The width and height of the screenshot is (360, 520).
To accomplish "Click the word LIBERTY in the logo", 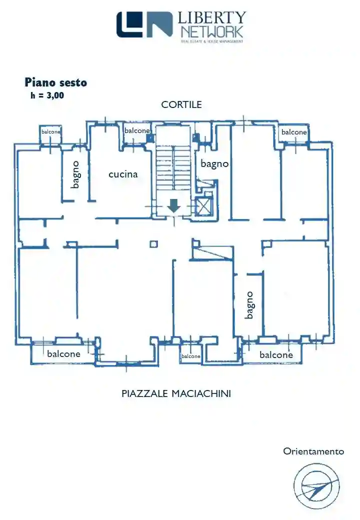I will click(212, 18).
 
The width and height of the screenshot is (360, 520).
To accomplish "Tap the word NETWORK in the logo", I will click(212, 32).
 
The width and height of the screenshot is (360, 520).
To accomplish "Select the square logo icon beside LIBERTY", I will click(144, 24).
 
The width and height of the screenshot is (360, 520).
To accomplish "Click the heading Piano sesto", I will click(55, 82).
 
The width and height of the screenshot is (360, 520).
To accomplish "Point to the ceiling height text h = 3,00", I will click(47, 95).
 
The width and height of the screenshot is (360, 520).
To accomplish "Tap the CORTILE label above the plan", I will click(181, 104).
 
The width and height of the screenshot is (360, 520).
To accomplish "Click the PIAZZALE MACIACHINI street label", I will click(176, 393).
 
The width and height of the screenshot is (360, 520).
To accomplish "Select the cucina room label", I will click(123, 174).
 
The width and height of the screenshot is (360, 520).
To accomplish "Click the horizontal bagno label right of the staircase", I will click(214, 163).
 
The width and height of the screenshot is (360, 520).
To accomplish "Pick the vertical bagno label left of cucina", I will click(75, 174).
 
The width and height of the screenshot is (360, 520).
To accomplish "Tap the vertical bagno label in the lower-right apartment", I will click(249, 305).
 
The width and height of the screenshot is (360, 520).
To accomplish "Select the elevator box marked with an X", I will click(204, 206).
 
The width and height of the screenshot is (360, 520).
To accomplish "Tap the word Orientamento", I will click(313, 451).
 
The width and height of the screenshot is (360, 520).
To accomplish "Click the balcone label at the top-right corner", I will click(294, 132).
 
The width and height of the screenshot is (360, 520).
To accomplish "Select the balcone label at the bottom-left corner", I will click(63, 353).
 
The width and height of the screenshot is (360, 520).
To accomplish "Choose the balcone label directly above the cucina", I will click(137, 130).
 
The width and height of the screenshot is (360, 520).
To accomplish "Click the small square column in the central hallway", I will click(153, 244).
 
